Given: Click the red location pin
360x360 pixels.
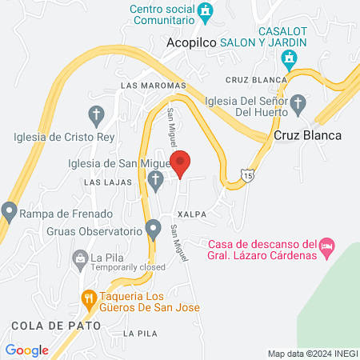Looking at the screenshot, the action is coord(181,163).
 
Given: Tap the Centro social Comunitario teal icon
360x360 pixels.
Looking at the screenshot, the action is coord(207,11).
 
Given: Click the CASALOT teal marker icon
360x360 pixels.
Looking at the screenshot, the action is coord(289,58).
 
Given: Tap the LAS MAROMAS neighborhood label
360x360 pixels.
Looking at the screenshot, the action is coord(153,85).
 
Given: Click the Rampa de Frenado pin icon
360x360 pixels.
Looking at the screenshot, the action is coord(10,212).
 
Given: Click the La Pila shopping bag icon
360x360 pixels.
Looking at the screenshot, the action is coord(79,258).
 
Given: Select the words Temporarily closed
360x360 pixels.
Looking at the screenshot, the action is coord(120,269).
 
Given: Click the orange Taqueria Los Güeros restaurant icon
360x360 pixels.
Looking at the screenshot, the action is coord(89,299).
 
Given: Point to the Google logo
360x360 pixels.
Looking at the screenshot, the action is coord(26,350).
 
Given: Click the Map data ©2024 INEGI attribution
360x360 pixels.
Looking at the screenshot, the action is coord(312,354).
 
